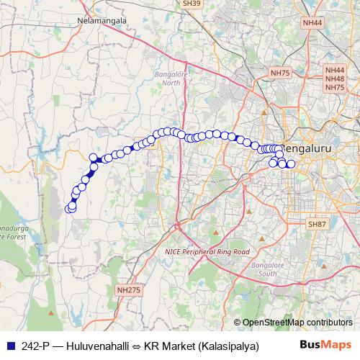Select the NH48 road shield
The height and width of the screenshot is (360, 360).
click(335, 78)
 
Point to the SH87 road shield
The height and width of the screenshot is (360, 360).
click(318, 225)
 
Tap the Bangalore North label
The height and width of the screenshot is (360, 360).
click(171, 78)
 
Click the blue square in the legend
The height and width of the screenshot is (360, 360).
click(9, 345)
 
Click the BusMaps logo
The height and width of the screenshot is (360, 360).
click(325, 345)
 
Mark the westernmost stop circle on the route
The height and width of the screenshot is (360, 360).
click(70, 209)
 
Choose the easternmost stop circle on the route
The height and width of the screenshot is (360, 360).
click(291, 164)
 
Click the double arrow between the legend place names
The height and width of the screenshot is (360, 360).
click(137, 345)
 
